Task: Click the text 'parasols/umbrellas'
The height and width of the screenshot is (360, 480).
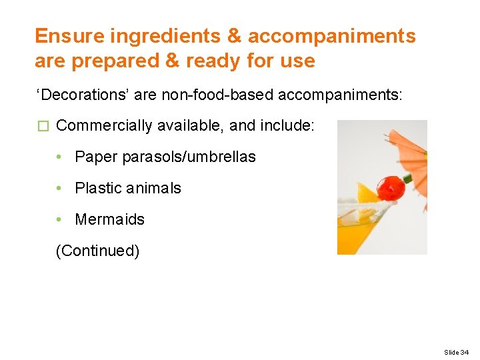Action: click(x=189, y=157)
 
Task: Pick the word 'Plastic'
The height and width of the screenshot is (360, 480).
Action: click(x=98, y=188)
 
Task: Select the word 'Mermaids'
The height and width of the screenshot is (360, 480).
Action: click(x=110, y=219)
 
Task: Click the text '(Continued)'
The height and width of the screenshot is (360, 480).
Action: click(x=98, y=251)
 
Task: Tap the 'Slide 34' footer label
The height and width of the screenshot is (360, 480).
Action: click(x=456, y=352)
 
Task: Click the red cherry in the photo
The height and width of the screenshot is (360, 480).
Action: click(x=390, y=187)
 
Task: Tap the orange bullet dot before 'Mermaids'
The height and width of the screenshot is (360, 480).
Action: click(x=60, y=219)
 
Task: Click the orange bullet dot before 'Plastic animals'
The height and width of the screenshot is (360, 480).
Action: click(x=60, y=188)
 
